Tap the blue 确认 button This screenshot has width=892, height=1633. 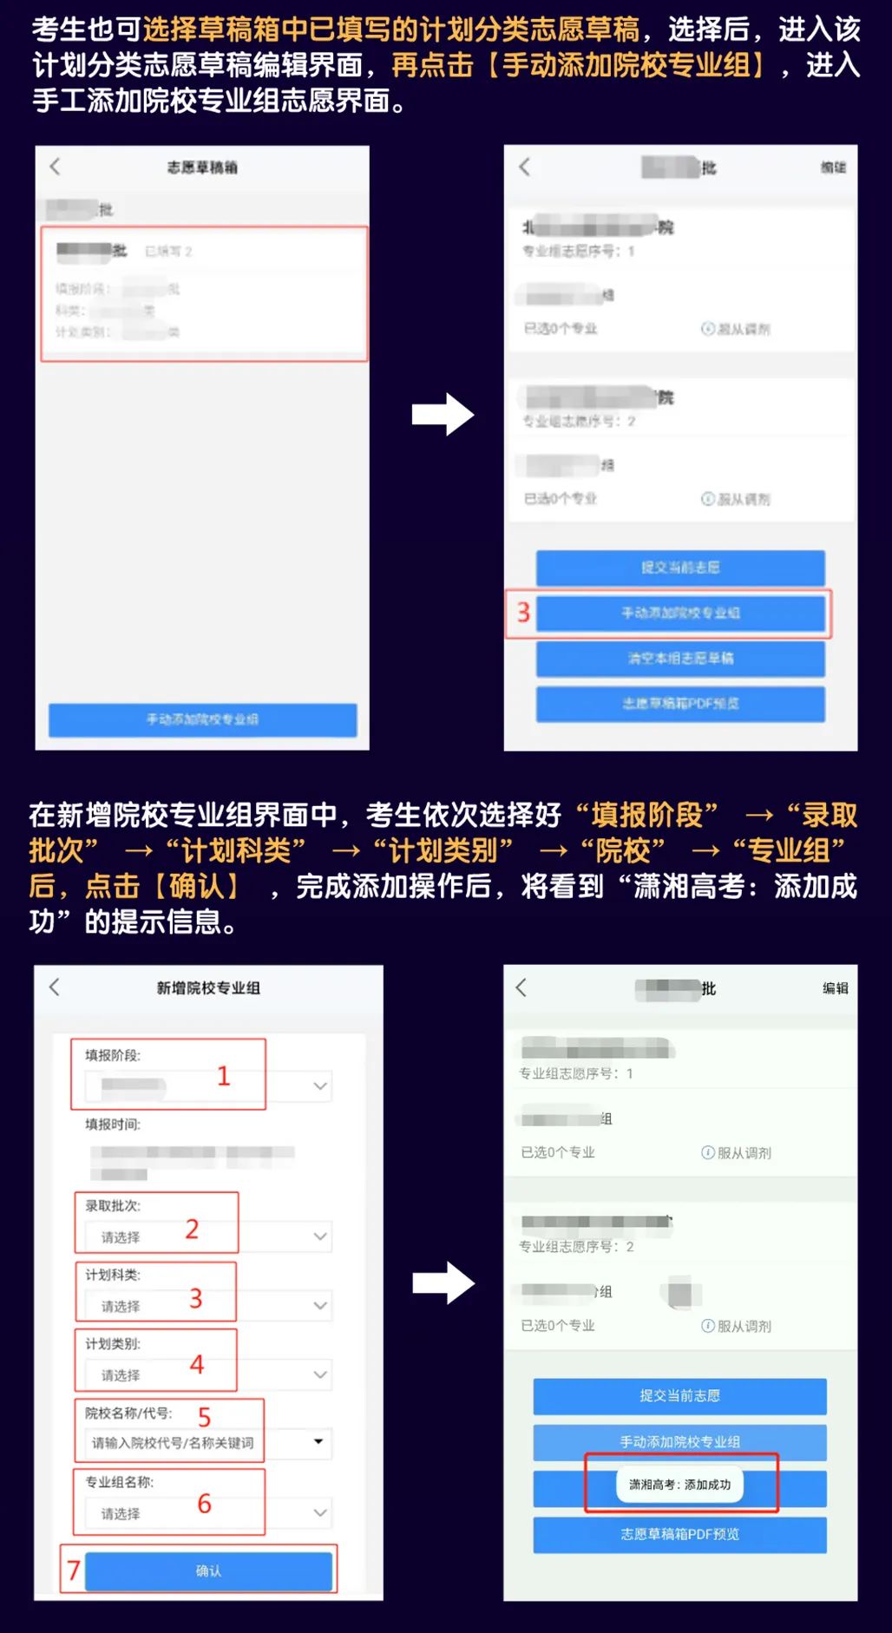(x=208, y=1571)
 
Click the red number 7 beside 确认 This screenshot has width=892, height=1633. (x=74, y=1570)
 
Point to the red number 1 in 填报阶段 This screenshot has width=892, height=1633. (x=223, y=1076)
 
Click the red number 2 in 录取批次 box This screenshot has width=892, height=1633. (x=192, y=1229)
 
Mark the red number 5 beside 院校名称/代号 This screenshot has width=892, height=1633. (x=205, y=1417)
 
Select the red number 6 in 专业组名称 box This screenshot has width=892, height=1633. (x=205, y=1504)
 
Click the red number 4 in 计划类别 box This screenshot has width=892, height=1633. (x=197, y=1365)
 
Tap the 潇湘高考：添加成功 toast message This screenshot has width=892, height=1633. (x=680, y=1485)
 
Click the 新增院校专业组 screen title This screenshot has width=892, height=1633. (x=208, y=987)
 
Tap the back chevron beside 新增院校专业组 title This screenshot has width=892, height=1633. (x=55, y=987)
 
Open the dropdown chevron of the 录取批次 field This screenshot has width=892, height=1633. (x=320, y=1236)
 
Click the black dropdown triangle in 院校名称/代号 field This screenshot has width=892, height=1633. (x=318, y=1441)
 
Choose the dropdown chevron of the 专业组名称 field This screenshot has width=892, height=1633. (x=320, y=1513)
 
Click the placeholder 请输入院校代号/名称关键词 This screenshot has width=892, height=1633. (x=174, y=1442)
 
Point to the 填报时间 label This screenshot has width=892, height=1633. (x=113, y=1125)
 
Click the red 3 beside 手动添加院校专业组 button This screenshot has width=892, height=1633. (x=523, y=613)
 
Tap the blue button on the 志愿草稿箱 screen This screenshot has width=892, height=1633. (x=202, y=719)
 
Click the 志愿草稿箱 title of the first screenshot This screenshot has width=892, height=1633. (x=202, y=167)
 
